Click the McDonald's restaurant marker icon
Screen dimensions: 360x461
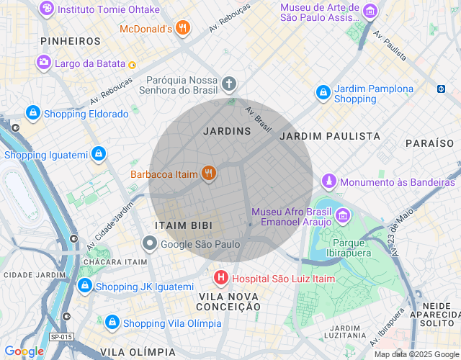pos(184,29)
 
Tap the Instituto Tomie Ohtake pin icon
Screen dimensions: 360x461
pos(47,9)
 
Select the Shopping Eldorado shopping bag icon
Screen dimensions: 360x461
pos(32,114)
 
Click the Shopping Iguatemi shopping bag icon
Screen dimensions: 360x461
pos(99,154)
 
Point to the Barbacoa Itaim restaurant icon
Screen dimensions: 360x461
pos(209,174)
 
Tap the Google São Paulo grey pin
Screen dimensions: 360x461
pos(149,244)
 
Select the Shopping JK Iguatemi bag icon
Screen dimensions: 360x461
pos(85,287)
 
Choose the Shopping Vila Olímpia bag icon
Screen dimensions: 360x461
pos(112,322)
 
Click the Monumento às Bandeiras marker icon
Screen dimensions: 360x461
pos(329,181)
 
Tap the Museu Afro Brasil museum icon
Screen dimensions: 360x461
pos(343,216)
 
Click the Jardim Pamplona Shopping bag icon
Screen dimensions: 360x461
pos(323,93)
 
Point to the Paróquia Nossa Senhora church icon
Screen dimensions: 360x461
pos(228,85)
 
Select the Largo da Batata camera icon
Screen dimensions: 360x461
pos(44,63)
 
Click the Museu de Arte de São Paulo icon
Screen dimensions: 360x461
pos(370,11)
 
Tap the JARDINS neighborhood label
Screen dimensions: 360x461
pos(227,131)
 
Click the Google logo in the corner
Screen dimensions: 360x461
pos(24,351)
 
